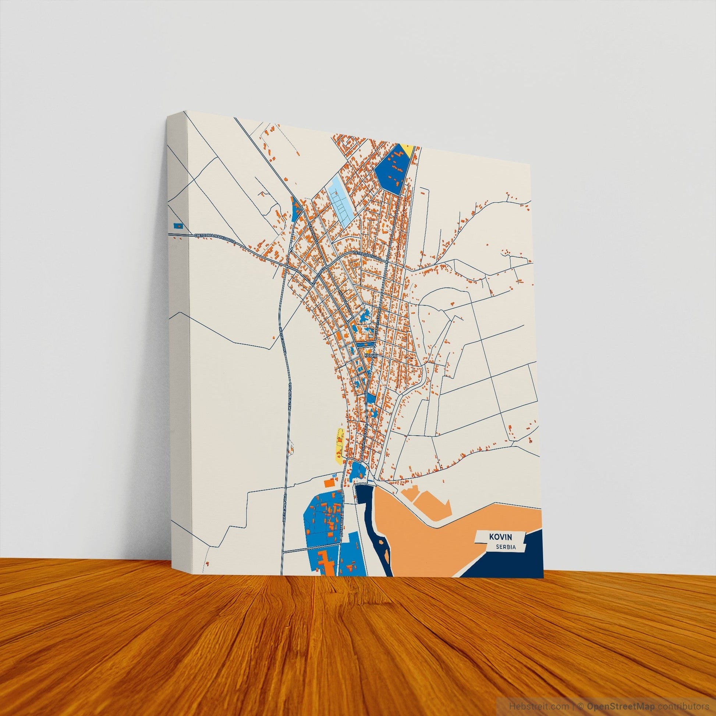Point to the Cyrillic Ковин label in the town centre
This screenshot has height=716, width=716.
pyautogui.click(x=370, y=355)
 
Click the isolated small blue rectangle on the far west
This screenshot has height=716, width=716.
pyautogui.click(x=178, y=225)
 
